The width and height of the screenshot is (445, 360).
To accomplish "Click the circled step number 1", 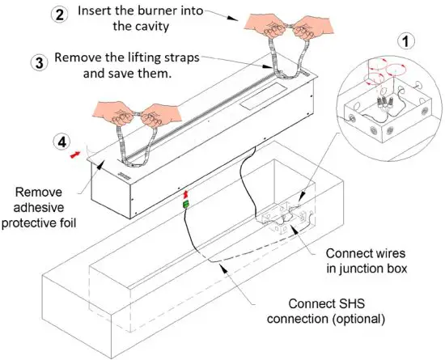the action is [406, 41].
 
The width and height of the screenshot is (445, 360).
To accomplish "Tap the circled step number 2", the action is [59, 15].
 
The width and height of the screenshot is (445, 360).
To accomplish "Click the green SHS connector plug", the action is [185, 204].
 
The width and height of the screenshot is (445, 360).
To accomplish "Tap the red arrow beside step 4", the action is [75, 155].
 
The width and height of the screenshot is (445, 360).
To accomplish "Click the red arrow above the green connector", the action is [185, 195].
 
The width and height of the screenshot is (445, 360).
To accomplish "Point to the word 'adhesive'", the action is [39, 207].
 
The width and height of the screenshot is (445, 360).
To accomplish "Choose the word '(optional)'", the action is [358, 319].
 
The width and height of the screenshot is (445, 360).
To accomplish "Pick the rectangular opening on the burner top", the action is [264, 95].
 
